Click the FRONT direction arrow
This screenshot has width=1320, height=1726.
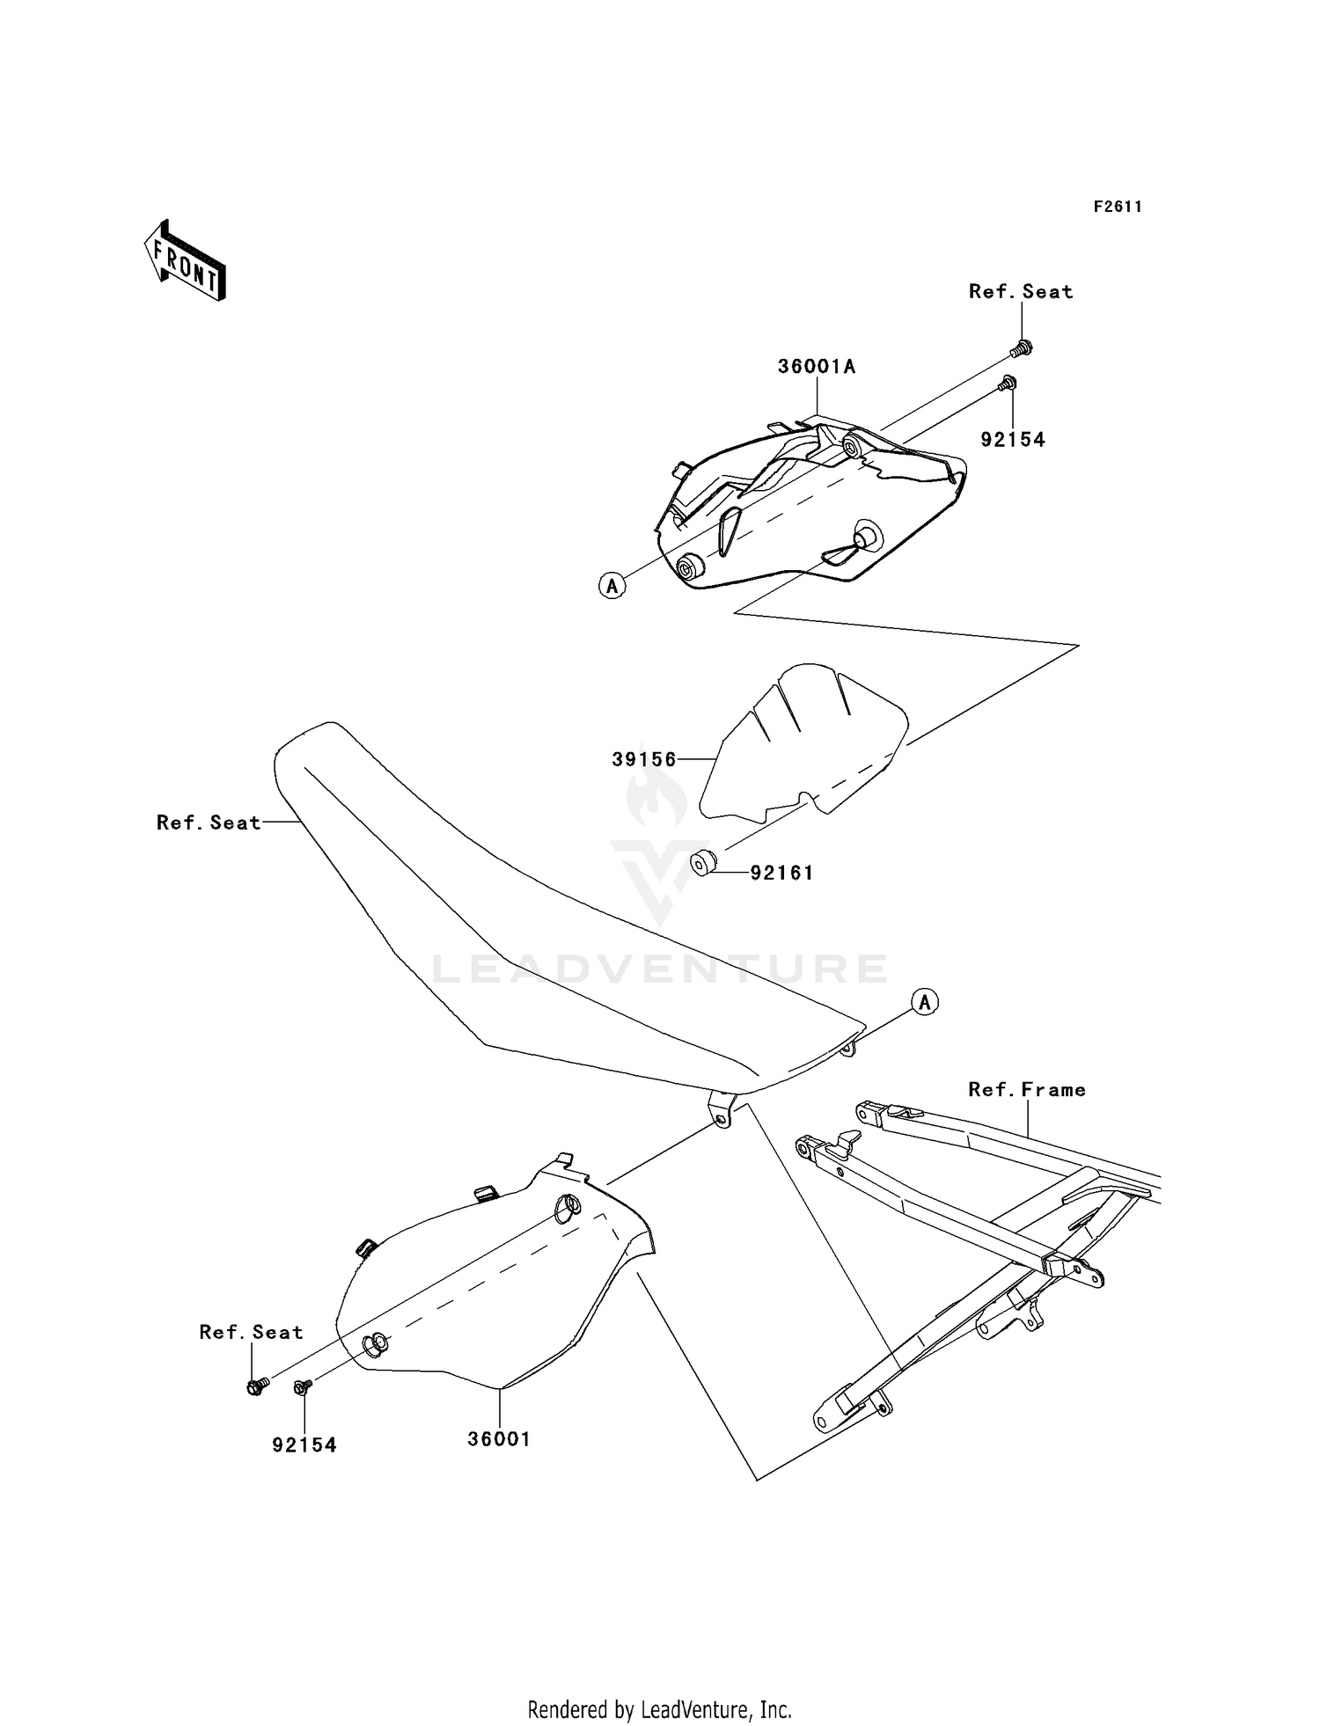[186, 261]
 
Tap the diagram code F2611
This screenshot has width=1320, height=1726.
[1118, 207]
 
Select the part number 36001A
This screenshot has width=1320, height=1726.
[816, 367]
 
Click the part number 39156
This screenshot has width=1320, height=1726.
[644, 759]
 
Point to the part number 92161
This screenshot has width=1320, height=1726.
[781, 873]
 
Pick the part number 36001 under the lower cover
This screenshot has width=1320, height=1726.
[499, 1439]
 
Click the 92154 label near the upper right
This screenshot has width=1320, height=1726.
[1013, 440]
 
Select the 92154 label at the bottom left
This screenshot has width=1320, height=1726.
[304, 1445]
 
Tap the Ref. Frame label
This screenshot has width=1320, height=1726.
[1027, 1090]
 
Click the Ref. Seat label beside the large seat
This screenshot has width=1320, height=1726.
[209, 823]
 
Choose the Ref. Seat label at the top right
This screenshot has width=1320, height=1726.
[1021, 292]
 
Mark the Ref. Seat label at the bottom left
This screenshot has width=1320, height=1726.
[251, 1332]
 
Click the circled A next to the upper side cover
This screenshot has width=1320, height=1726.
[612, 585]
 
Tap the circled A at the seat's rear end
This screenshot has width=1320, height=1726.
[924, 1001]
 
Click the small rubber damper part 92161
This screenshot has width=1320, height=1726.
[701, 864]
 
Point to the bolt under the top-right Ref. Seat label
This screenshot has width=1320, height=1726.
[1022, 348]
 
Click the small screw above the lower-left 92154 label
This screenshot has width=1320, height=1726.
[302, 1387]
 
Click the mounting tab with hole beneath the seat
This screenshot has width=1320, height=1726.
[722, 1110]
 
